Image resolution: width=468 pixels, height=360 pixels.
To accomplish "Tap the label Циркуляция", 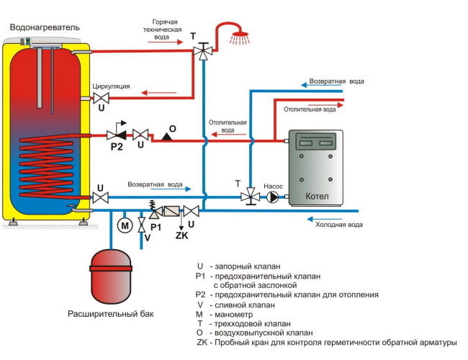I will click(111, 86).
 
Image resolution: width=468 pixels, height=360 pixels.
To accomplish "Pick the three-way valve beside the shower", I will click(204, 52).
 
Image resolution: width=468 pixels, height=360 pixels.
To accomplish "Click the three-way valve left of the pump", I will click(250, 195).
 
